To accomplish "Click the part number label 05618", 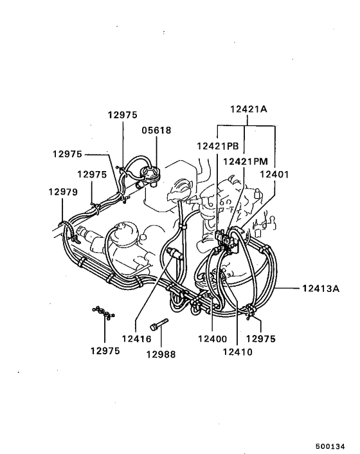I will (156, 130).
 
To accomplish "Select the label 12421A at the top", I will (249, 109).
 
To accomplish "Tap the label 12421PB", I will (217, 146).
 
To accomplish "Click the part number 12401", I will (274, 174).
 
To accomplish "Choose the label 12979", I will (62, 192).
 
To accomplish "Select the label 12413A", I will (319, 288).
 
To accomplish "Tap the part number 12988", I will (161, 354).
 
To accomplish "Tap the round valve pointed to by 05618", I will (151, 172).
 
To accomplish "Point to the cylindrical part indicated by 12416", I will (174, 253).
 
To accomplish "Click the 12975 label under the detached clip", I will (105, 350).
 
